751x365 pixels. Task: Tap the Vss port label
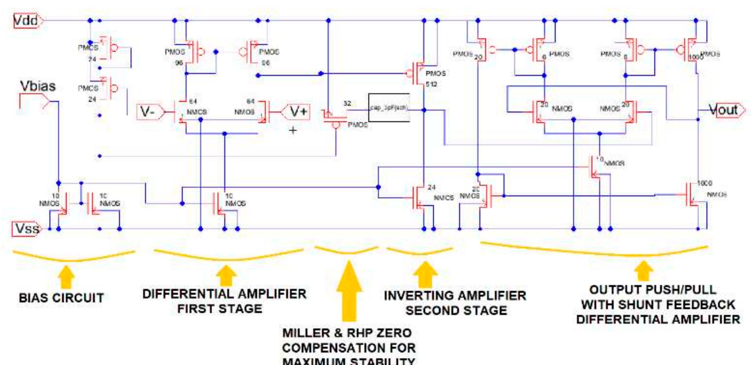click(x=27, y=229)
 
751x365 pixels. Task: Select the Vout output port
click(x=725, y=110)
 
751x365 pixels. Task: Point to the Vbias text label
click(x=38, y=86)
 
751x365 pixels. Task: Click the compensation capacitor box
click(x=389, y=108)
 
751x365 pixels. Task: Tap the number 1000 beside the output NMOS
click(x=704, y=183)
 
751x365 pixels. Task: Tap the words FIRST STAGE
click(x=219, y=309)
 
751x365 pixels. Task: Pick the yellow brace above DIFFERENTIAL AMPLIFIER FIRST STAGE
click(x=229, y=257)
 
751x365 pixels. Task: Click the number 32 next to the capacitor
click(x=347, y=103)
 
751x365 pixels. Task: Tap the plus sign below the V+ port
click(x=293, y=131)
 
